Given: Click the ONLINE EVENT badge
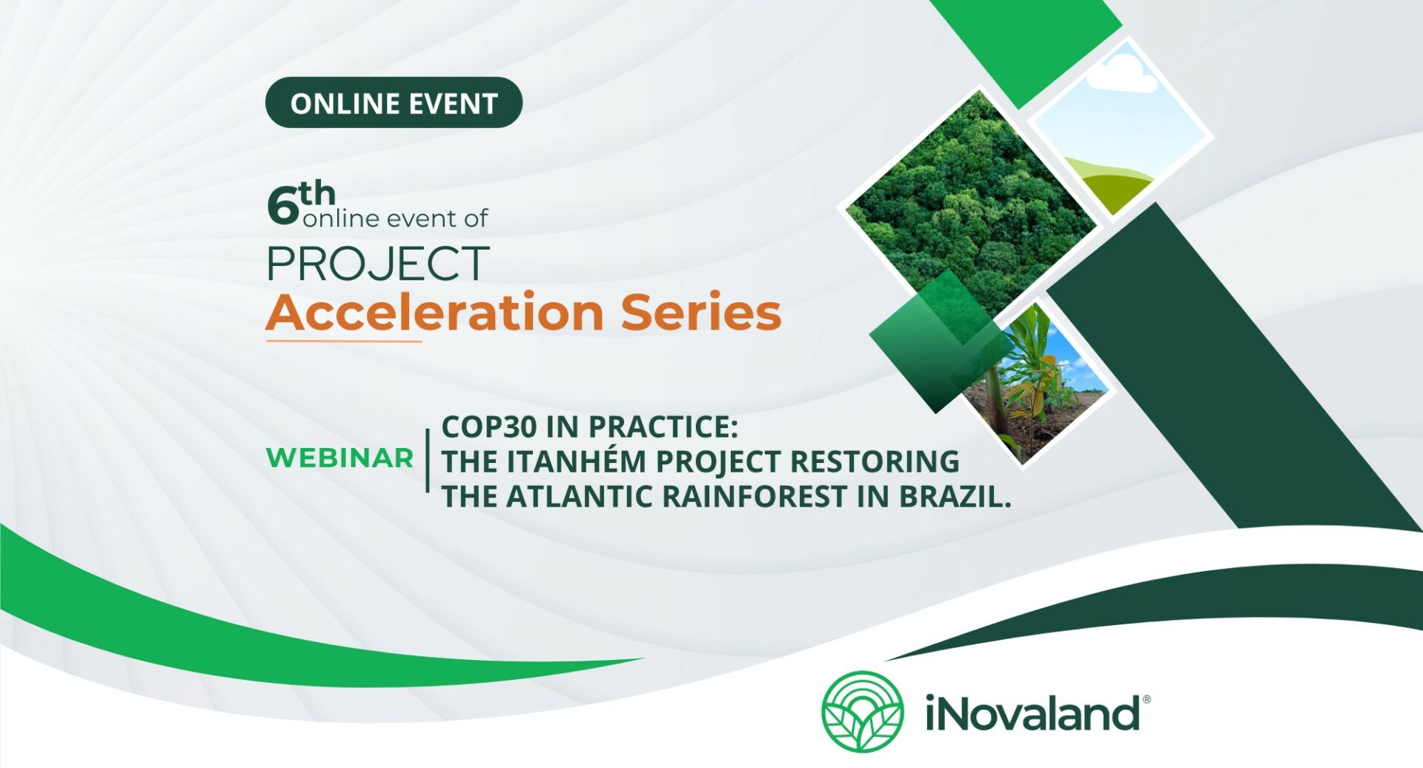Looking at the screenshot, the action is (394, 103).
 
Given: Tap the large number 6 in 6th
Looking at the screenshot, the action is (282, 206).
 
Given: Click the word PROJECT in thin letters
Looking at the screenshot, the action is (378, 264).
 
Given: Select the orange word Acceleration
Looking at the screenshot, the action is (435, 311).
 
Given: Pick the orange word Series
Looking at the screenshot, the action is (701, 311).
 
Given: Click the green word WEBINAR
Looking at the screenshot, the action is (339, 458).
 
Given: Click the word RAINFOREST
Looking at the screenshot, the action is (754, 496).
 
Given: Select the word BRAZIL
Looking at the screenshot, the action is (955, 496).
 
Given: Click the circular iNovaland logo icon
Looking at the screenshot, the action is (862, 712).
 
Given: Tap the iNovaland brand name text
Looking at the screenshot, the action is (1032, 712).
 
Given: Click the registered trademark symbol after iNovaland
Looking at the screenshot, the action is (1147, 699).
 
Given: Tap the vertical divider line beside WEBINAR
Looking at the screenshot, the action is (428, 460).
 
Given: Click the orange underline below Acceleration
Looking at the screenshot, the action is (344, 341).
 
